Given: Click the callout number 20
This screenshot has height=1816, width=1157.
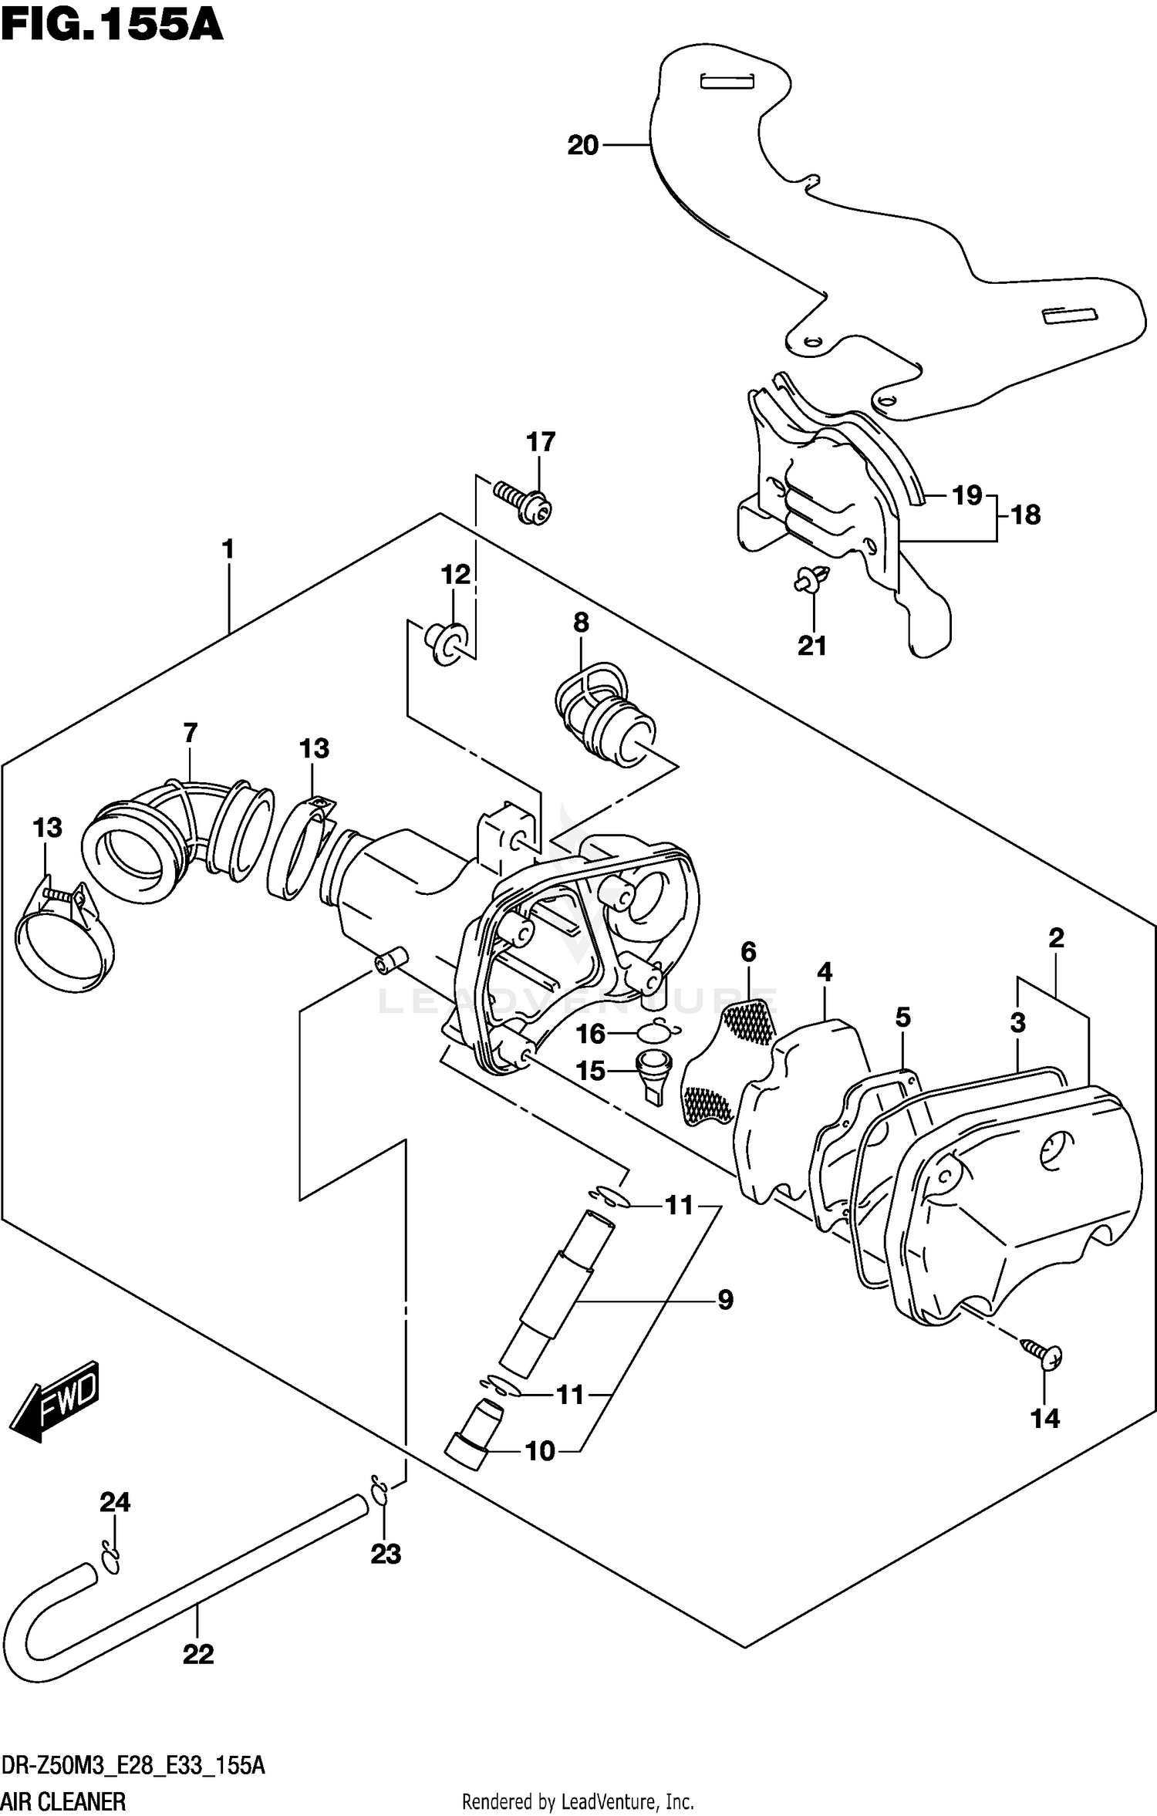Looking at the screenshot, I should tap(582, 145).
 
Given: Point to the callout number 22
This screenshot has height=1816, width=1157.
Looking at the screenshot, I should tap(197, 1653).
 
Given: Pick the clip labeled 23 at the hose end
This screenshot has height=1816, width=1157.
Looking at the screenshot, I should tap(378, 1491).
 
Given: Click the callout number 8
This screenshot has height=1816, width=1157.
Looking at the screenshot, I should tap(581, 622).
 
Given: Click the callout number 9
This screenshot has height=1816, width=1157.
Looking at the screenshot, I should tap(725, 1300).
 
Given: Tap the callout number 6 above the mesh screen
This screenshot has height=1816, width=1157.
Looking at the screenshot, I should tap(748, 952).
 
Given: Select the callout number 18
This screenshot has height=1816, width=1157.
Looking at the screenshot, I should tap(1025, 515).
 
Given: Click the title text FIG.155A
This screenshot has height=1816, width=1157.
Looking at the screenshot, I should tap(112, 25).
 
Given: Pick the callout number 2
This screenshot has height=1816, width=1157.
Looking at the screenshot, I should tap(1056, 937).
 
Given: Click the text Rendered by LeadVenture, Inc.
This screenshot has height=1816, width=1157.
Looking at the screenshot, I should tap(577, 1801).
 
